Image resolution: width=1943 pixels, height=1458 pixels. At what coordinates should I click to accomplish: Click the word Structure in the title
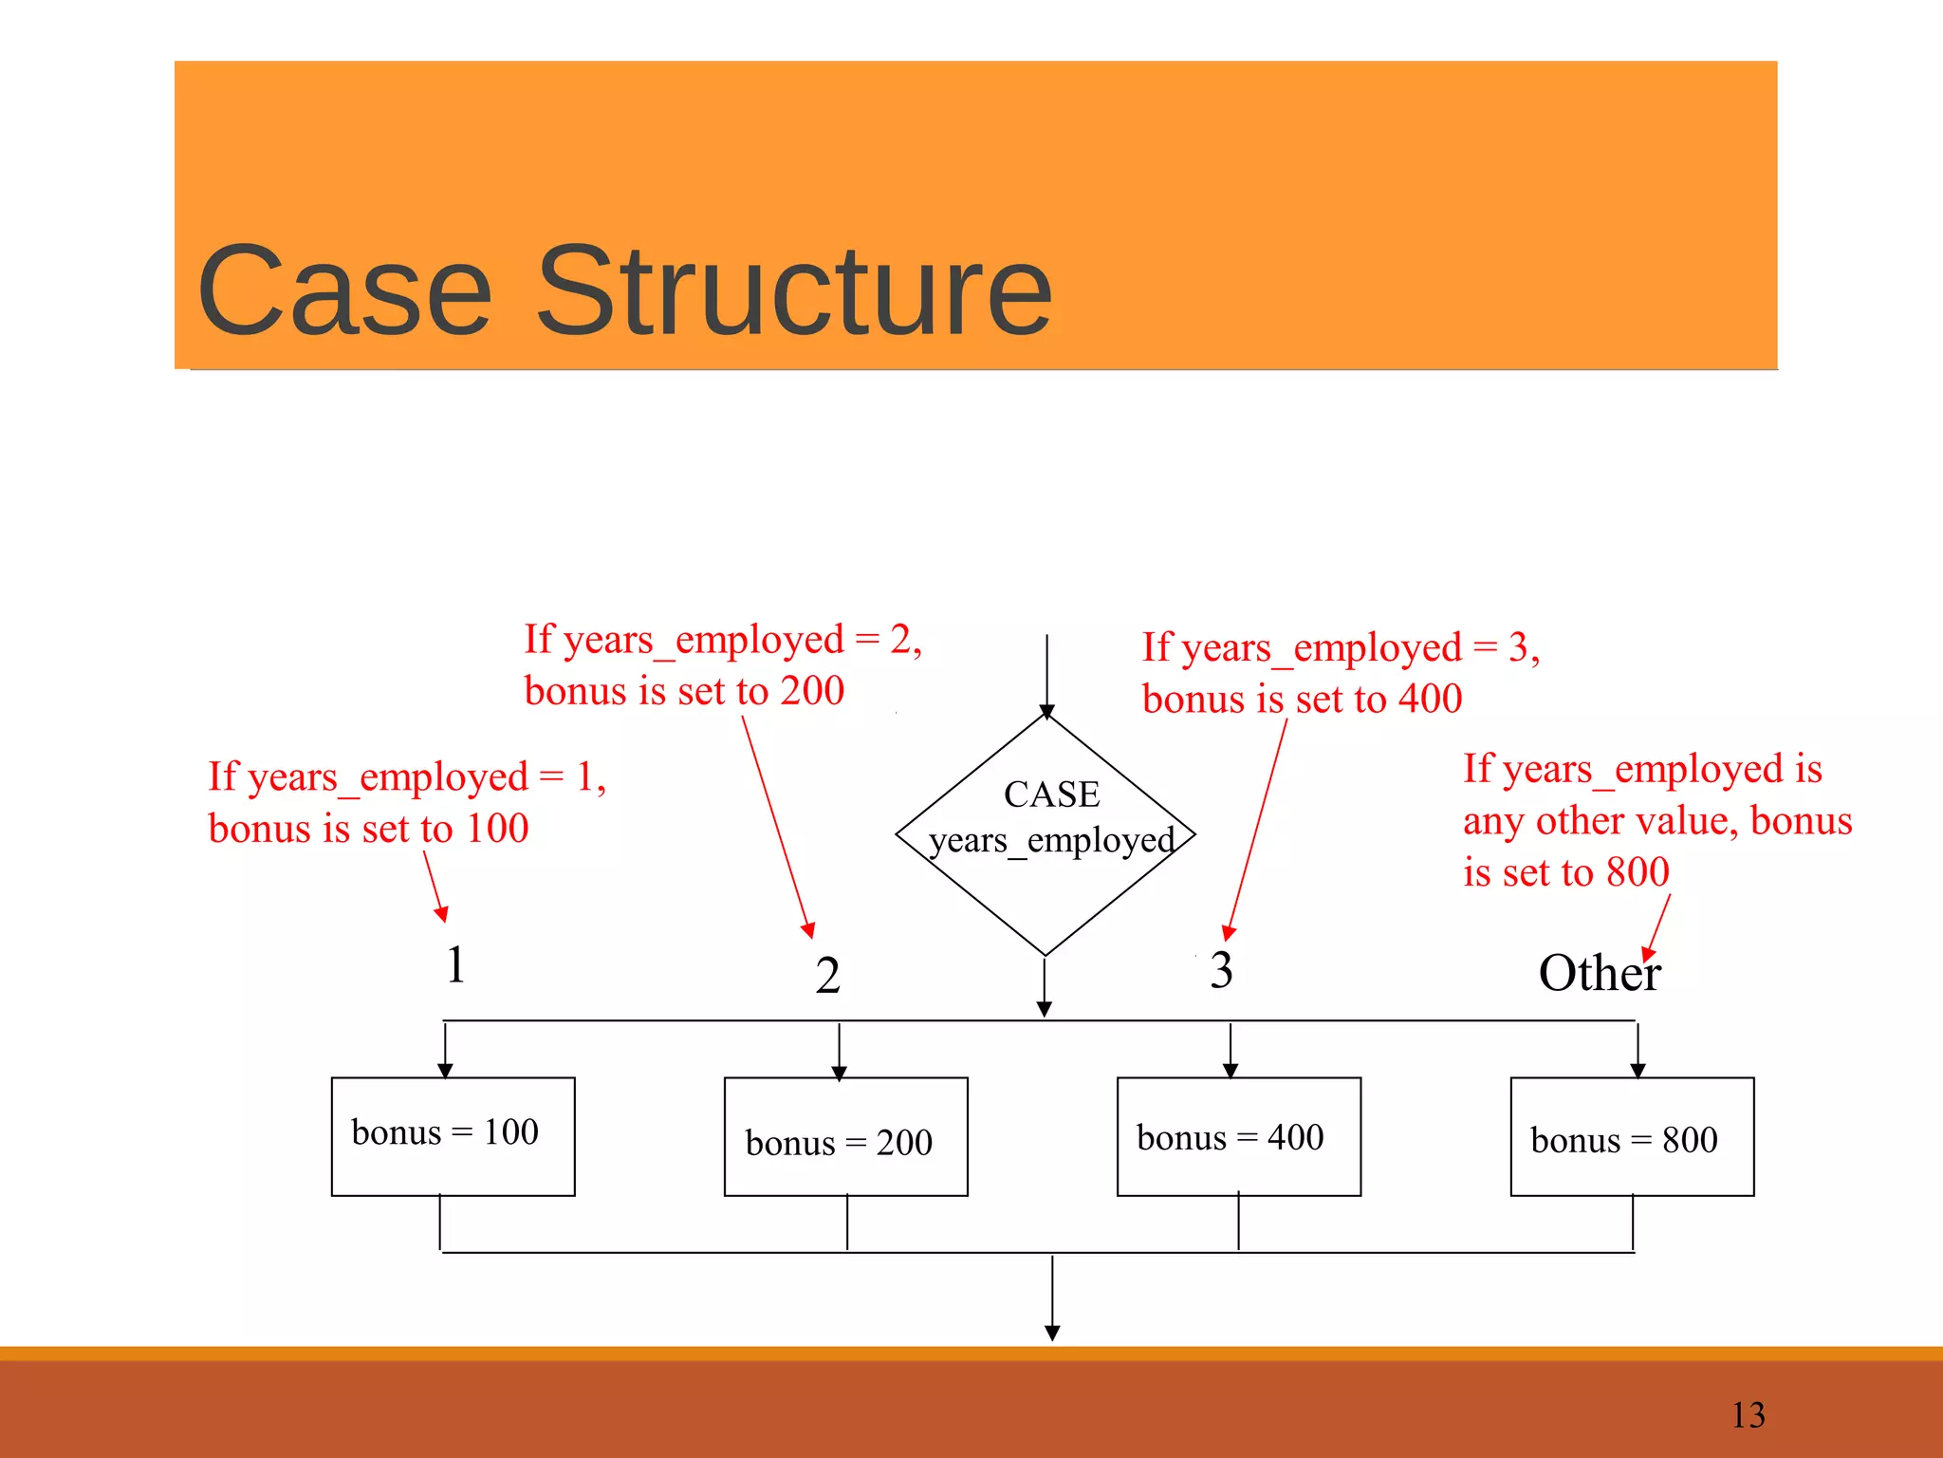pyautogui.click(x=794, y=291)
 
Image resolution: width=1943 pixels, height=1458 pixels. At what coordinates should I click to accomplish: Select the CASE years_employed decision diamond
pyautogui.click(x=1046, y=834)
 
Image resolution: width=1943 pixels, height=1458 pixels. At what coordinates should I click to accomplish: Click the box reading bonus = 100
pyautogui.click(x=453, y=1136)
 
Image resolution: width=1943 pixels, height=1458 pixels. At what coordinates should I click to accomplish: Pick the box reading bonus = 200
pyautogui.click(x=845, y=1137)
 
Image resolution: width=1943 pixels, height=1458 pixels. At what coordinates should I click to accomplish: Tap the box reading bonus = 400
pyautogui.click(x=1238, y=1136)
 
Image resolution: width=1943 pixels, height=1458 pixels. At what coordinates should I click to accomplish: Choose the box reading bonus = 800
pyautogui.click(x=1632, y=1137)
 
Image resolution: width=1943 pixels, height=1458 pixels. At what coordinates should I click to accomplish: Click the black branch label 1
pyautogui.click(x=456, y=965)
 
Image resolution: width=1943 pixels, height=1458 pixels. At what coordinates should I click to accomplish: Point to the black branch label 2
pyautogui.click(x=827, y=976)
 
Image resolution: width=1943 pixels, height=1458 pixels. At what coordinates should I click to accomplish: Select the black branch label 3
pyautogui.click(x=1221, y=970)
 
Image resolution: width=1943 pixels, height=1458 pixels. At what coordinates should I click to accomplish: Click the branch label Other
pyautogui.click(x=1599, y=974)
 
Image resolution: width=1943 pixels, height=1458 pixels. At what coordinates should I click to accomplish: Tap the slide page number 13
pyautogui.click(x=1748, y=1415)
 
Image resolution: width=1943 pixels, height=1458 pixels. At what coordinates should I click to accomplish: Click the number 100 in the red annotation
pyautogui.click(x=497, y=829)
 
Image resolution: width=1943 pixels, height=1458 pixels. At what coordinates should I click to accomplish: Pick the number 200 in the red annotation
pyautogui.click(x=812, y=691)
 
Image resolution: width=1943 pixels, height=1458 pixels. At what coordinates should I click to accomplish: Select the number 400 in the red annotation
pyautogui.click(x=1430, y=700)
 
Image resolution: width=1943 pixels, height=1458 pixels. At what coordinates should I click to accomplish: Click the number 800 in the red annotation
pyautogui.click(x=1638, y=872)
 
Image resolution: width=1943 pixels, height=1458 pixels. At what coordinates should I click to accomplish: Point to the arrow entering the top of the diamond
pyautogui.click(x=1046, y=674)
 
